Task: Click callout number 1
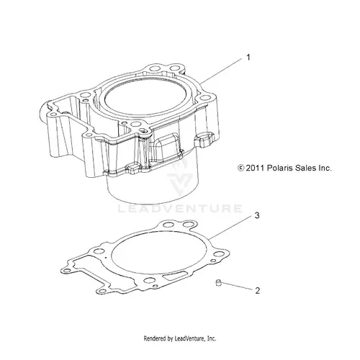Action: click(248, 58)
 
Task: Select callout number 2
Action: click(257, 291)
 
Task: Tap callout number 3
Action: click(257, 215)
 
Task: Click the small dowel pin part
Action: click(218, 283)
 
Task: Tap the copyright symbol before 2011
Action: click(240, 168)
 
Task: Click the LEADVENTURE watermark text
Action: click(180, 208)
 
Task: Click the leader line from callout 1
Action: click(221, 71)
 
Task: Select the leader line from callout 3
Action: click(230, 228)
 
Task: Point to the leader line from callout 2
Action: click(236, 287)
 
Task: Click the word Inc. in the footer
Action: click(212, 338)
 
